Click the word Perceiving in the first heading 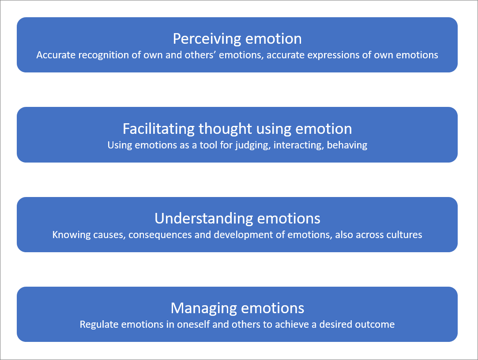click(x=199, y=39)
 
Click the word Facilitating click(x=158, y=129)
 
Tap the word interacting click(x=298, y=145)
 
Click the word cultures click(x=404, y=235)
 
